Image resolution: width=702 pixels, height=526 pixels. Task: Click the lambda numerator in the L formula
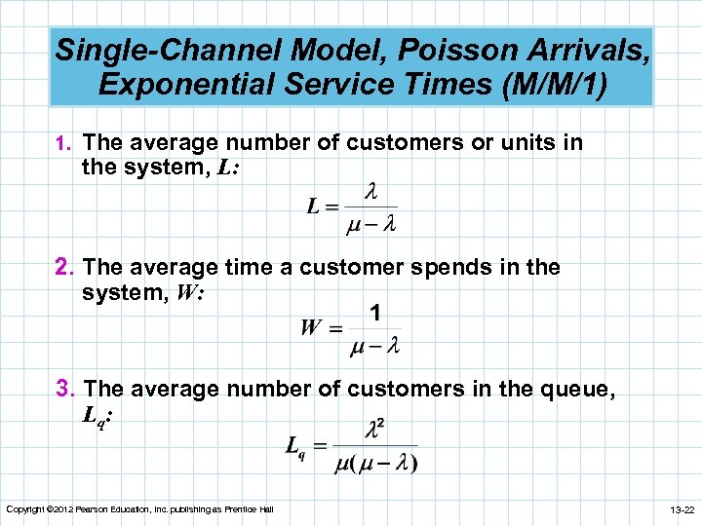[370, 191]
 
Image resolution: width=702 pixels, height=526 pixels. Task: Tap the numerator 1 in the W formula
[374, 313]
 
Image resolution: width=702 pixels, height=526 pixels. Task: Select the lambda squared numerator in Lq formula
[375, 429]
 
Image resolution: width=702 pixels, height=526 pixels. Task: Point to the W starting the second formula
[311, 328]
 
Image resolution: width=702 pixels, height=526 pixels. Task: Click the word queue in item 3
[569, 390]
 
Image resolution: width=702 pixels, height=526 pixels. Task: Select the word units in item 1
[527, 143]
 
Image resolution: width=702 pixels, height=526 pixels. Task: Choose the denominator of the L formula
[371, 224]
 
